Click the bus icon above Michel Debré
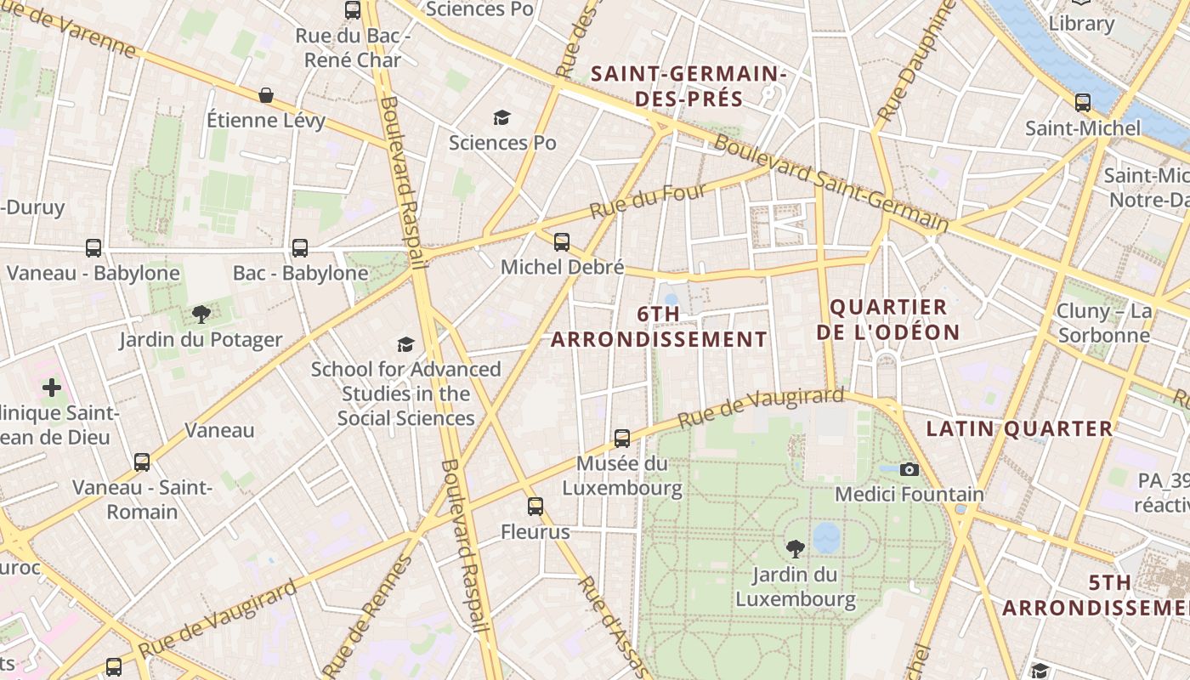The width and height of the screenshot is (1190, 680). (562, 241)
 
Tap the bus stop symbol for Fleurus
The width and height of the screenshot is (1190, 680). (535, 507)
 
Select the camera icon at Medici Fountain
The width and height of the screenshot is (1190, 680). (909, 469)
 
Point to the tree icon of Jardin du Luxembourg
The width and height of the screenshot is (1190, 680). (796, 548)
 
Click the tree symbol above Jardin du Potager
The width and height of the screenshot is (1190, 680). (201, 314)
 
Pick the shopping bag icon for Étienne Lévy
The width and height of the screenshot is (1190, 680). (266, 94)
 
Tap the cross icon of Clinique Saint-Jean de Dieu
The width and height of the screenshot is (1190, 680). (52, 388)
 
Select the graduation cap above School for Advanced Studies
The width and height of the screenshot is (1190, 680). (406, 344)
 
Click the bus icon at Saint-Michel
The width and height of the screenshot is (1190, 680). (1082, 103)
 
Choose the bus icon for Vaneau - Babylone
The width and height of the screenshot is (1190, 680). (93, 248)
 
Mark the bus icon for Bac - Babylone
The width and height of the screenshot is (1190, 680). (300, 248)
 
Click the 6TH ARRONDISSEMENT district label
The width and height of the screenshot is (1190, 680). (659, 326)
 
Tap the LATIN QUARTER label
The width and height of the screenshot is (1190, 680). (1019, 429)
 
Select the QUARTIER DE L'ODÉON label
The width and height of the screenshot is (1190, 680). (888, 320)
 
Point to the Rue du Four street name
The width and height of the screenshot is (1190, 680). (648, 201)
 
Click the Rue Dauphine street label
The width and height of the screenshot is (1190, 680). (911, 63)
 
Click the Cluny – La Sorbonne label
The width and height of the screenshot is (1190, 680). (1103, 323)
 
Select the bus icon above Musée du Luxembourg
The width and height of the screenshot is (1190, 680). (622, 439)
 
